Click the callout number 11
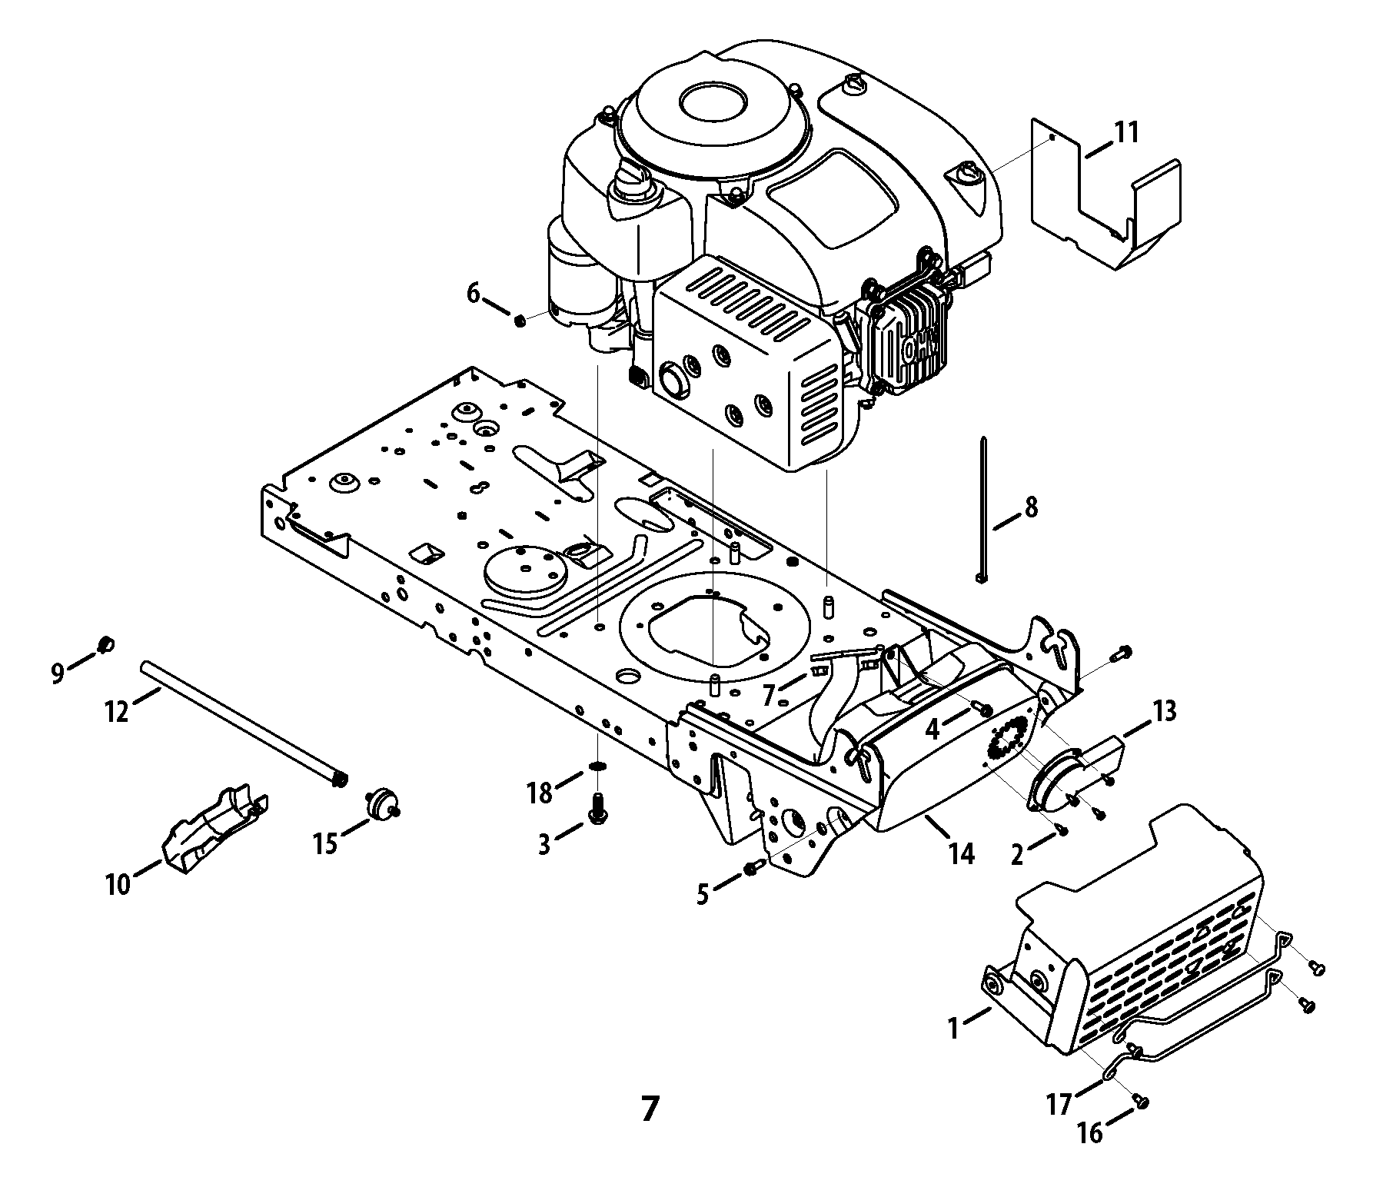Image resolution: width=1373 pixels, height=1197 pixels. [x=1126, y=132]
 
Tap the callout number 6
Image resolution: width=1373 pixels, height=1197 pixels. [x=473, y=293]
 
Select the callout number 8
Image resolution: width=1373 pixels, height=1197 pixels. [x=1030, y=507]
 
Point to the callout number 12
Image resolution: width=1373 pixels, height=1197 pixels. [x=116, y=712]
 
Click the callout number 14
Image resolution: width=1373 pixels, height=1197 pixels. [x=961, y=853]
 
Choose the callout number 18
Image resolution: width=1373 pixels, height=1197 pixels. [x=540, y=793]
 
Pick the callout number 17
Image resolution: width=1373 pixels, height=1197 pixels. [x=1059, y=1105]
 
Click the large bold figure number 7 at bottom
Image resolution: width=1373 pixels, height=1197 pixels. [x=650, y=1109]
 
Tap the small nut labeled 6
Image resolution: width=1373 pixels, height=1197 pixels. [x=520, y=320]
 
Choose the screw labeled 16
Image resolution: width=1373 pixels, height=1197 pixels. [x=1142, y=1103]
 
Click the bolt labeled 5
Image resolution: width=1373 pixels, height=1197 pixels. [x=753, y=868]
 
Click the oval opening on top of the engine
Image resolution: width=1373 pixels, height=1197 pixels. [x=712, y=100]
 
